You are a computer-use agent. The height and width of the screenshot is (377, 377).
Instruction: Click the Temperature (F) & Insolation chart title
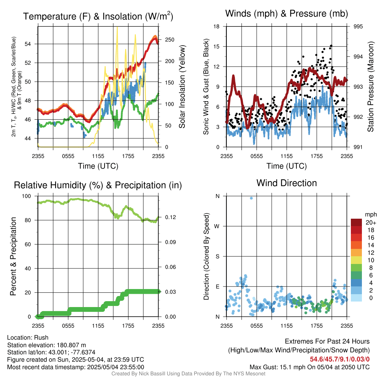tap(98, 16)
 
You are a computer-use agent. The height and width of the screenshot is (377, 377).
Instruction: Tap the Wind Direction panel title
tap(286, 183)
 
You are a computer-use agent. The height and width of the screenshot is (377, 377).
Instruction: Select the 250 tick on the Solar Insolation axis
tap(169, 39)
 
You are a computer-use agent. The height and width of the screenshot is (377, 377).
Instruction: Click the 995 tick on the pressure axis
tap(358, 27)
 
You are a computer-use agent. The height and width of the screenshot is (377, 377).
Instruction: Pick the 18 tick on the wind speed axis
tap(217, 27)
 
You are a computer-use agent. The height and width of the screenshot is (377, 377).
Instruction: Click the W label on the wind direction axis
tap(217, 226)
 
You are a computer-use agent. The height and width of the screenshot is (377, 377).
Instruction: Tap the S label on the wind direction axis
tap(217, 256)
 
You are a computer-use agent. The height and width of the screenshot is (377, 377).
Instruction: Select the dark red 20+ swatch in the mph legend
tap(357, 222)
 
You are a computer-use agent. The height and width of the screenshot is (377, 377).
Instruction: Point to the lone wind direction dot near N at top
tap(251, 198)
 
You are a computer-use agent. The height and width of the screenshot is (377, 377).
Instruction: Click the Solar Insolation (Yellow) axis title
tap(182, 87)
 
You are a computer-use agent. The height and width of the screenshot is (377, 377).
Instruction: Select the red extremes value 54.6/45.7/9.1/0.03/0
tap(339, 359)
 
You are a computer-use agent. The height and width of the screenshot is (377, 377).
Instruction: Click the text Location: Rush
tap(28, 338)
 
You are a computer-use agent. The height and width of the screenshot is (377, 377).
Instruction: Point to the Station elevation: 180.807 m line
tap(46, 345)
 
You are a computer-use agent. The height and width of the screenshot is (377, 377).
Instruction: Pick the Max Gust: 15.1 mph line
tap(309, 367)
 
